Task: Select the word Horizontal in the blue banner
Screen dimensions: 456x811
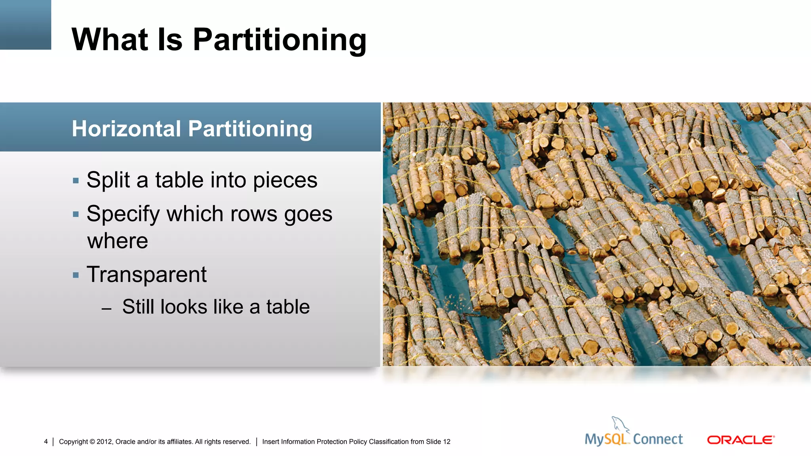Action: (x=126, y=129)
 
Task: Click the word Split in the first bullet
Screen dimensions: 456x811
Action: (x=108, y=180)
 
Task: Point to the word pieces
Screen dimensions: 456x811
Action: (x=285, y=181)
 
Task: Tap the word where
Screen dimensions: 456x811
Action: (x=118, y=241)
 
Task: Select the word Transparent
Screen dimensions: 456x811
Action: (x=147, y=274)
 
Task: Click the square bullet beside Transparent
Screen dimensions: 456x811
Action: (x=76, y=275)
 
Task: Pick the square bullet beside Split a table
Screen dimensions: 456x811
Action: (x=76, y=181)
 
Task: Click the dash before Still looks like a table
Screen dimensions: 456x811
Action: (x=106, y=308)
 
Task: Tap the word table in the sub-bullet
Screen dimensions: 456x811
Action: (x=288, y=307)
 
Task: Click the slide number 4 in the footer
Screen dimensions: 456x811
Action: (x=46, y=441)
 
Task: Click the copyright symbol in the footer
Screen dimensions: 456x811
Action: (x=92, y=442)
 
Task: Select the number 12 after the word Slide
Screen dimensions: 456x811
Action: (x=447, y=442)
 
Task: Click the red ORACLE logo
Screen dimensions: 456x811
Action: (x=741, y=440)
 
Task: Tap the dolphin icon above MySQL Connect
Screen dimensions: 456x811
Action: (x=620, y=424)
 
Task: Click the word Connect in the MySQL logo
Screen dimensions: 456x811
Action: (x=658, y=439)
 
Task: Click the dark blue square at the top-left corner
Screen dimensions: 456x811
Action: (x=25, y=25)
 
